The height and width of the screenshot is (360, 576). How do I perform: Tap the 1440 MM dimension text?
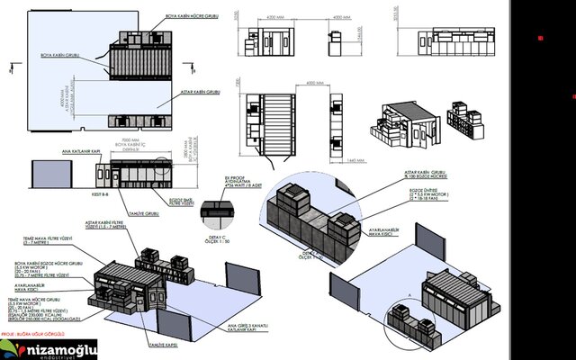tap(353, 161)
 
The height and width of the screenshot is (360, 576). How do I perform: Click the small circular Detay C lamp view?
tap(213, 211)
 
